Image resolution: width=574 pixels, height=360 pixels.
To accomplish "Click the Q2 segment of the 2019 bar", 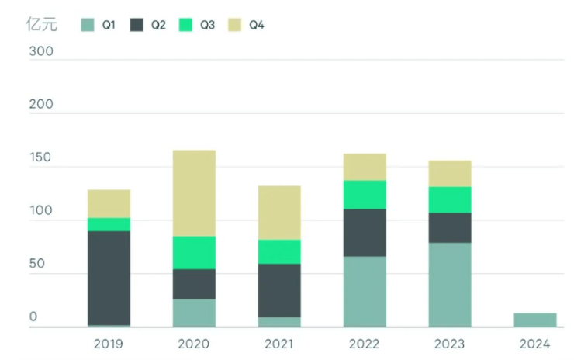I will tap(109, 278).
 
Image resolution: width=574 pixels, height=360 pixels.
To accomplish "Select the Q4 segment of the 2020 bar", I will tap(194, 192).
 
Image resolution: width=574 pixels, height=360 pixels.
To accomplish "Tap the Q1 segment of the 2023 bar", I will tap(450, 285).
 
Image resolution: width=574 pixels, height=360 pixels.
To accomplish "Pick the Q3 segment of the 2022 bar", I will tap(365, 195).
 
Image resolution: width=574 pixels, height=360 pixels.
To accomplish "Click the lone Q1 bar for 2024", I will tap(535, 320).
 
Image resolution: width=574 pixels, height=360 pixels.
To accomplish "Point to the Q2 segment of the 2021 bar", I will tap(279, 290).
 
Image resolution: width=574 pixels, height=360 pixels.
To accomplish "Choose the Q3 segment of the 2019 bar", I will tap(109, 224).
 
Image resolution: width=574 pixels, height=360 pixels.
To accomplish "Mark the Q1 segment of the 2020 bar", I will tap(194, 313).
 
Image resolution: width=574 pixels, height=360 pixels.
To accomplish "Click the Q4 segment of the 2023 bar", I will tap(450, 174).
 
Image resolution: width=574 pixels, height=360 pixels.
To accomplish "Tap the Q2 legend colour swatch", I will tap(137, 25).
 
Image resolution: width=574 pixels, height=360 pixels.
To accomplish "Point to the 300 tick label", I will tap(41, 52).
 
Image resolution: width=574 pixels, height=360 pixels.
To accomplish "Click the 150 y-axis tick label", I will tap(41, 158).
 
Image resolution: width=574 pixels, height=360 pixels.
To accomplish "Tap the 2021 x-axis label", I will tap(279, 344).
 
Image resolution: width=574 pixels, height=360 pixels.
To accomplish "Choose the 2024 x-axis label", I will tap(535, 344).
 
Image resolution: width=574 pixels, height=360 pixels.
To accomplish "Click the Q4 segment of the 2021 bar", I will tap(279, 213).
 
